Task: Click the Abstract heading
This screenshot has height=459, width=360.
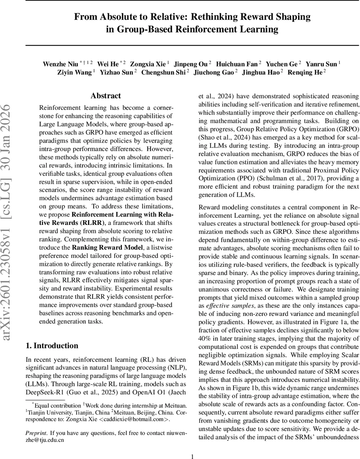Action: (105, 96)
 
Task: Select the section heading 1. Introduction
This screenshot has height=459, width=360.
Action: (52, 346)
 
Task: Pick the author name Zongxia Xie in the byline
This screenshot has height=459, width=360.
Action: (148, 64)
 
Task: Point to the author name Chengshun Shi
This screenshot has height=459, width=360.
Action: (163, 72)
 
